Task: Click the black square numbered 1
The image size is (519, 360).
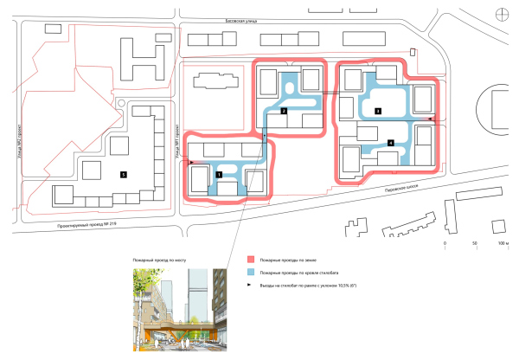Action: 219,174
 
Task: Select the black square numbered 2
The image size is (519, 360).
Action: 283,112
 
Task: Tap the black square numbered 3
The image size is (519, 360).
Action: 377,111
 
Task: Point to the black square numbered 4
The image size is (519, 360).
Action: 391,143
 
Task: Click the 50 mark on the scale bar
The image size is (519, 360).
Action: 474,245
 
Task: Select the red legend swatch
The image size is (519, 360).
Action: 251,259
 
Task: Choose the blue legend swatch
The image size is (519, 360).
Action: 251,271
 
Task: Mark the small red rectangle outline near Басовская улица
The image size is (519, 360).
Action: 413,53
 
